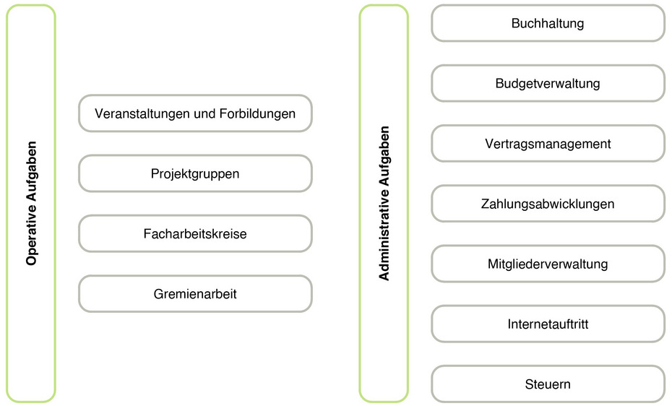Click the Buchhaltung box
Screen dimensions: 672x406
pos(548,23)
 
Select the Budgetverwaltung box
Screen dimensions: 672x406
pos(548,83)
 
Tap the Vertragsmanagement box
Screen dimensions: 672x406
pos(548,144)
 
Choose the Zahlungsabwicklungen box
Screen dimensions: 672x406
pos(548,204)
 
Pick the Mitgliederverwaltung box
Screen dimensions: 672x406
pos(548,264)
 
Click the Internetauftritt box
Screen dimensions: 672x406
pos(548,324)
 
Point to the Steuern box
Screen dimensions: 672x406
pos(548,384)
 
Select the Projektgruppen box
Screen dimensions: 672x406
pos(195,173)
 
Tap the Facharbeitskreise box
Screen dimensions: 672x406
pos(195,233)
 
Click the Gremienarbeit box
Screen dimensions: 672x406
pos(195,294)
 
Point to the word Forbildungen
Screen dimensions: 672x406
pos(257,114)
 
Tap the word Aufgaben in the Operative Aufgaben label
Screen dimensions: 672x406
pos(32,171)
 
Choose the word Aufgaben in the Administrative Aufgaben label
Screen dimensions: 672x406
pos(384,155)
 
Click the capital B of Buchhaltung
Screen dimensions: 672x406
pos(516,23)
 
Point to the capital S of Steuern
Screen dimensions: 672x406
pos(530,384)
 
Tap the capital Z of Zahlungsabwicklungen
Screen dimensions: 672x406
pos(485,204)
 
